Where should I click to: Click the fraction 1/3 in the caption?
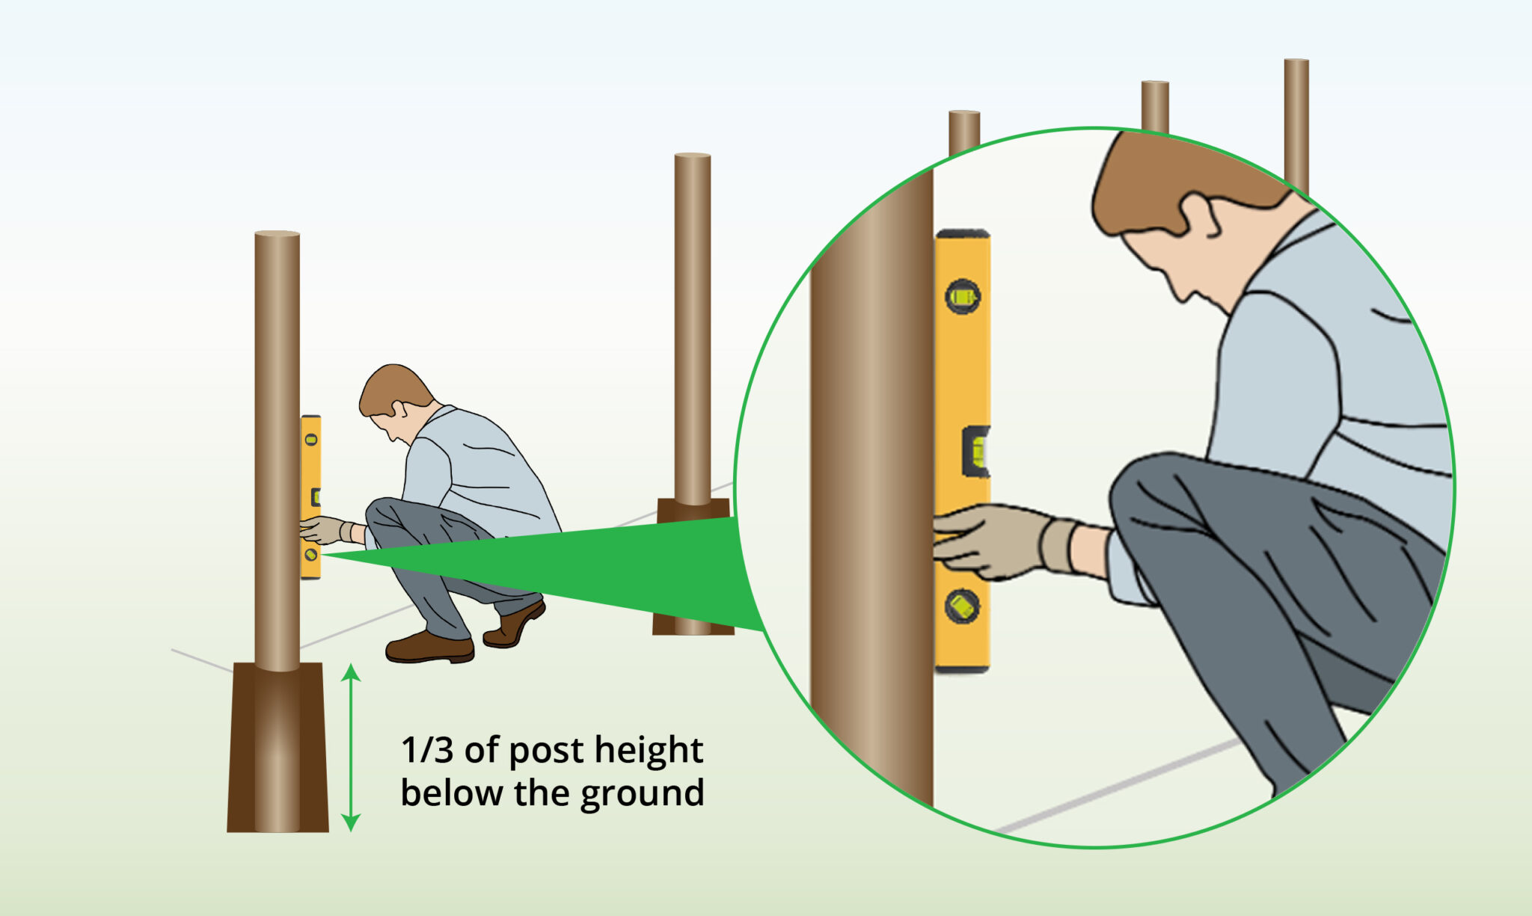pos(427,750)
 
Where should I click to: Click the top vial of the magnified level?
pos(962,297)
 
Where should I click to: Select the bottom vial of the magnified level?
pos(961,606)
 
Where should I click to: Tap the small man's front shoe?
pos(429,648)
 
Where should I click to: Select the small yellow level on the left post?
pos(310,497)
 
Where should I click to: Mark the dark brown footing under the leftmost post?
pos(278,748)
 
